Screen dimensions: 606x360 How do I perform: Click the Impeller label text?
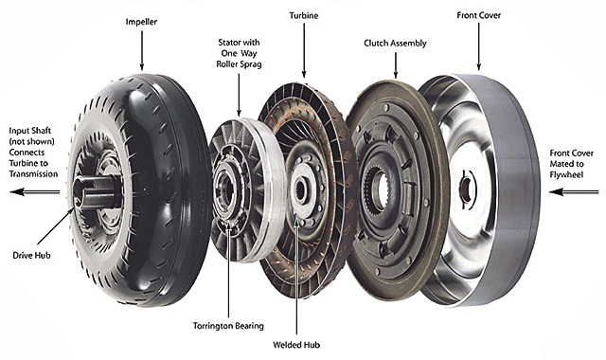[x=141, y=22]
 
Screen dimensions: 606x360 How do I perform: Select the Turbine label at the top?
[x=304, y=15]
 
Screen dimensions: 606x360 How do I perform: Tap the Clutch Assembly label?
[x=395, y=43]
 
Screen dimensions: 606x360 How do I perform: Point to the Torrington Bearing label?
[x=228, y=326]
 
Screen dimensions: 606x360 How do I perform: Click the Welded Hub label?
[x=296, y=345]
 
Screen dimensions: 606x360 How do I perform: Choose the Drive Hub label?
[x=31, y=255]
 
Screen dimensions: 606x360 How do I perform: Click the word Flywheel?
[x=566, y=174]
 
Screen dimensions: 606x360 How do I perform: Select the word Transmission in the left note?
[x=34, y=174]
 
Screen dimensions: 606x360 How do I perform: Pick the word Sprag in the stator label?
[x=250, y=64]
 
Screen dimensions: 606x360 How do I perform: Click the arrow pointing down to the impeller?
[x=141, y=50]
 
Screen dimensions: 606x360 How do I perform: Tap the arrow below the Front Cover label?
[x=478, y=46]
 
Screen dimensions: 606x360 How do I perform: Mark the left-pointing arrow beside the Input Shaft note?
[x=35, y=191]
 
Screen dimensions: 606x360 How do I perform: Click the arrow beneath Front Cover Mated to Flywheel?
[x=574, y=191]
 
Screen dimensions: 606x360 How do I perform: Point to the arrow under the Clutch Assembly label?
[x=396, y=65]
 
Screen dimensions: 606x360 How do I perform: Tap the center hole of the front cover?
[x=465, y=190]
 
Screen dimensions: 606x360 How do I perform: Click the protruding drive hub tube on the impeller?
[x=97, y=191]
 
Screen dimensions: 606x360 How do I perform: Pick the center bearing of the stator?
[x=225, y=189]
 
